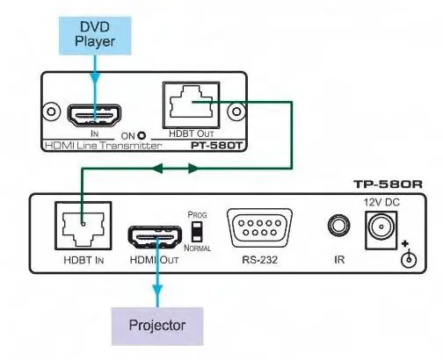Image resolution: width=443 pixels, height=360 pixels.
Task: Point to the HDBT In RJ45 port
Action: click(78, 226)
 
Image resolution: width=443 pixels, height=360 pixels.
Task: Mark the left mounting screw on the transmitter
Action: click(50, 112)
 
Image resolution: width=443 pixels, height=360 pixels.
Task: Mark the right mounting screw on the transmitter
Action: click(234, 112)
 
